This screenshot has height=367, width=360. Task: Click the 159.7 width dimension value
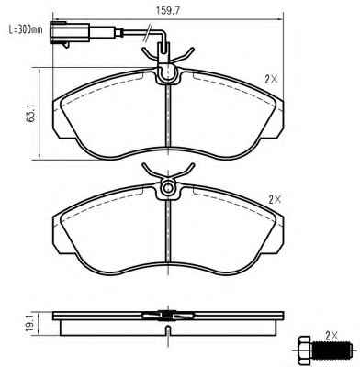[168, 10]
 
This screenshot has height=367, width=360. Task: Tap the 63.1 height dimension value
[30, 113]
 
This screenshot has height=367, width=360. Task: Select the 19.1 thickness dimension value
[30, 324]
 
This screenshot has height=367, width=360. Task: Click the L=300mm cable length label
[25, 29]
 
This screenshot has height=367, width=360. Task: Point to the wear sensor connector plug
[70, 33]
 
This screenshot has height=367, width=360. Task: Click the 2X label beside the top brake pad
[271, 80]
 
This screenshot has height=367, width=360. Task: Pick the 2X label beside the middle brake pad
[275, 200]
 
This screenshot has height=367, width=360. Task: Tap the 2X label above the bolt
[332, 337]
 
